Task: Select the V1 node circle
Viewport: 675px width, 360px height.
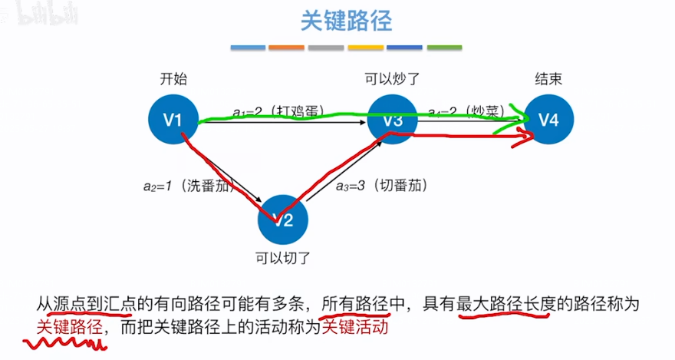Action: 174,119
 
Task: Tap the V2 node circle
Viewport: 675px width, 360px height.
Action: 283,220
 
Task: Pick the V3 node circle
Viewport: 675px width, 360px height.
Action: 393,119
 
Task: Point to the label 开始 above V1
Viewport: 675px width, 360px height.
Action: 173,79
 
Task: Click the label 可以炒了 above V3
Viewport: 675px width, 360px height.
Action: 393,79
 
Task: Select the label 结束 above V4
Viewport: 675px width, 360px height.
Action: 548,79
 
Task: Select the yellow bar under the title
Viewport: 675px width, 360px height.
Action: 365,48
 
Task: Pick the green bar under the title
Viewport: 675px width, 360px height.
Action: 443,48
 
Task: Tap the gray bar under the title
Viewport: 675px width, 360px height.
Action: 326,48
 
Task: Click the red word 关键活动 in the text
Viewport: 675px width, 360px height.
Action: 355,326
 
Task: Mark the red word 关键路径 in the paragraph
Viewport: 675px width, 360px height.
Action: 69,326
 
